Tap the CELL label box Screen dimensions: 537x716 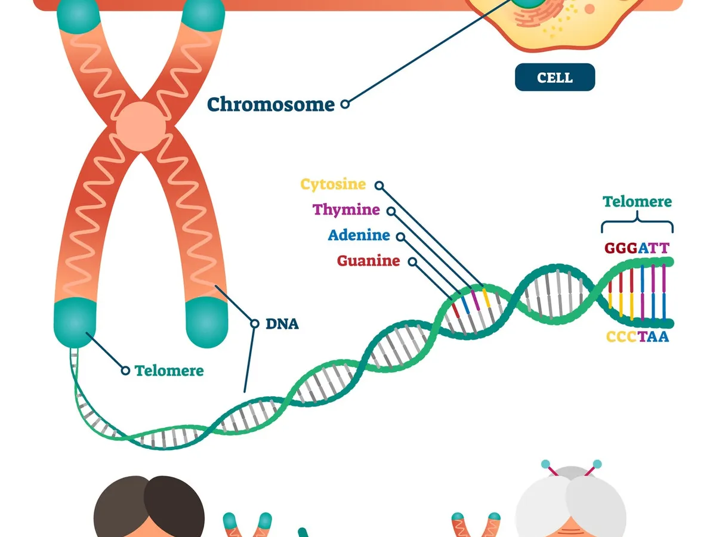(555, 78)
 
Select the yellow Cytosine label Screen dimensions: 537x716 (333, 184)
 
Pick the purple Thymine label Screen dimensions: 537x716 (346, 210)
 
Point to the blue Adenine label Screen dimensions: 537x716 (359, 235)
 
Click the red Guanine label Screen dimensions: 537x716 (368, 261)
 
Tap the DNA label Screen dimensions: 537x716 (282, 325)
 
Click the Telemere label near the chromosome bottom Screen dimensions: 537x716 (169, 371)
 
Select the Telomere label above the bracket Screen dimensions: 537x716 (637, 202)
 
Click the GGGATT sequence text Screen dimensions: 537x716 (637, 248)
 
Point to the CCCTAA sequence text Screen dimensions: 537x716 (637, 337)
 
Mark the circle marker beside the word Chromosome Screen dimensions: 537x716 (345, 104)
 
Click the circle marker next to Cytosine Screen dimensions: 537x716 (379, 186)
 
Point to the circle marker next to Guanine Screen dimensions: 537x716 (413, 261)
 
